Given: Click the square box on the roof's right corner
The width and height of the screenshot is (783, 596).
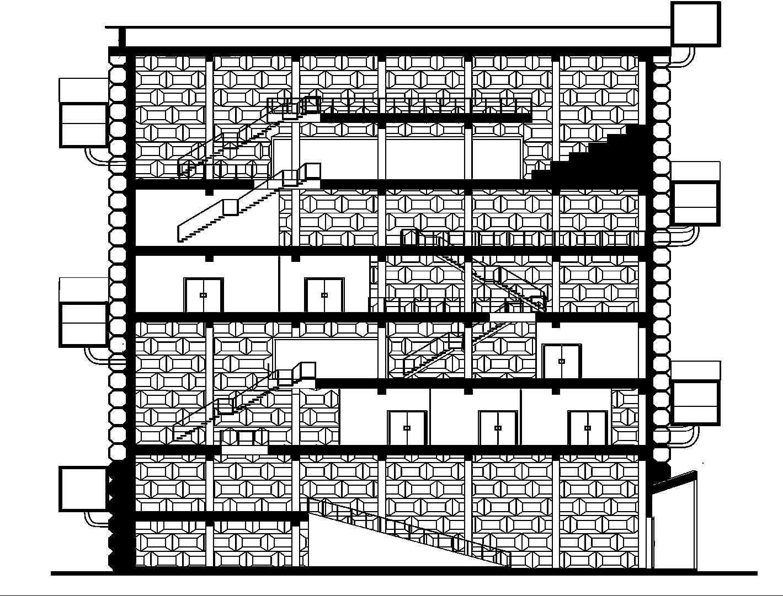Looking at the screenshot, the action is click(696, 23).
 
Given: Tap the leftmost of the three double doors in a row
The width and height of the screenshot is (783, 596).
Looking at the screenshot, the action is click(407, 427).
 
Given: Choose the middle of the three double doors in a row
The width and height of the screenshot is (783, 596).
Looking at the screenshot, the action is click(498, 427).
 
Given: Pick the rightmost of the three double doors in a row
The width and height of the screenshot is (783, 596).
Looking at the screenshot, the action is click(588, 427).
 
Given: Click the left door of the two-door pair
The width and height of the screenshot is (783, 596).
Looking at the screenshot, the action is click(203, 295).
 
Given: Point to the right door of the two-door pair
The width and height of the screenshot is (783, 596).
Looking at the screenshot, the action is click(324, 295).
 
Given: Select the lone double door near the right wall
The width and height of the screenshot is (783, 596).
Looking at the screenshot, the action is click(562, 361).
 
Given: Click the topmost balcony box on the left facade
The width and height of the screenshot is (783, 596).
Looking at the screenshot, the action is click(83, 112).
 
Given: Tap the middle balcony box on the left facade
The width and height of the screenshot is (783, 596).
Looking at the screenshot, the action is click(83, 312).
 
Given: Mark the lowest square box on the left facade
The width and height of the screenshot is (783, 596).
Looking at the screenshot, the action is click(83, 488).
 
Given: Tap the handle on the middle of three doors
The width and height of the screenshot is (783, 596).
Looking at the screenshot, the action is click(498, 428).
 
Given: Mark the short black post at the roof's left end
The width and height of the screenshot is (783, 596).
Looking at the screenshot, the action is click(122, 37).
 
